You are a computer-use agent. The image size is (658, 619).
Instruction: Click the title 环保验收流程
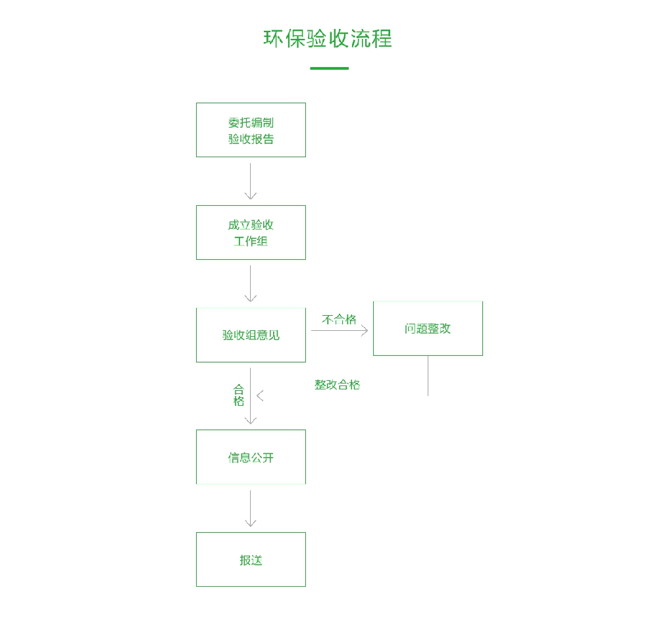click(328, 38)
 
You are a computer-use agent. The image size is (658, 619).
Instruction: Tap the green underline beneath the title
click(329, 68)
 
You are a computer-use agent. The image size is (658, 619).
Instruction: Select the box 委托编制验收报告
click(251, 130)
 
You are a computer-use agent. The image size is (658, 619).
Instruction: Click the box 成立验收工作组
click(251, 232)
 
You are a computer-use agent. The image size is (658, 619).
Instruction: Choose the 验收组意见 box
click(251, 335)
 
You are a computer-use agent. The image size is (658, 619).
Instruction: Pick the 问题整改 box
click(428, 328)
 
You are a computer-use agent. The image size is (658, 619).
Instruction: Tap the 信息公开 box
click(251, 457)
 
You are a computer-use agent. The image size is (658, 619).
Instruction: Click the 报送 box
click(251, 560)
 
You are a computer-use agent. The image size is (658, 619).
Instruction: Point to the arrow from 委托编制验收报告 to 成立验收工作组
click(251, 181)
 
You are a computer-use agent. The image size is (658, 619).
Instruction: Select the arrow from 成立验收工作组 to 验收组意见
click(251, 284)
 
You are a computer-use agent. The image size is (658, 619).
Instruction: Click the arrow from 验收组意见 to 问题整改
click(340, 330)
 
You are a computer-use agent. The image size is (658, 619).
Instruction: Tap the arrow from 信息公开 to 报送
click(251, 508)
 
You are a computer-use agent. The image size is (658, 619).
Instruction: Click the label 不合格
click(339, 320)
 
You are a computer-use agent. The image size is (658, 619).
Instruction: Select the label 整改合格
click(337, 385)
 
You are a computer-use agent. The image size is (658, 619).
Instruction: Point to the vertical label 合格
click(239, 395)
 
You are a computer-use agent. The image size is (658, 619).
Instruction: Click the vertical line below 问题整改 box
click(428, 376)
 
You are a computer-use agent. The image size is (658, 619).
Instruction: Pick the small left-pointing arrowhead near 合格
click(260, 395)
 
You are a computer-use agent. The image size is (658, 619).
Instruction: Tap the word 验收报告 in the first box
click(251, 139)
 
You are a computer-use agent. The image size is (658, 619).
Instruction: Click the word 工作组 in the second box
click(251, 241)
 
